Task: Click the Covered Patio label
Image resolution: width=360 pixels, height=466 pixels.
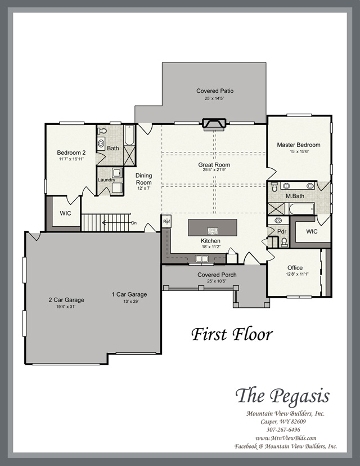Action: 215,91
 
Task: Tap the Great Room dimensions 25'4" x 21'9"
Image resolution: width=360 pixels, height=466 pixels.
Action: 214,170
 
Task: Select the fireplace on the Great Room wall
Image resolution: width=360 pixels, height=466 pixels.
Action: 214,124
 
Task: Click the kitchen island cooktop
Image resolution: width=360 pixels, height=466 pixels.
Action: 213,231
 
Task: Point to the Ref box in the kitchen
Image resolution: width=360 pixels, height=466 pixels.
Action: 166,221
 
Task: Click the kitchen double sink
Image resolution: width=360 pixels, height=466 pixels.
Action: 202,258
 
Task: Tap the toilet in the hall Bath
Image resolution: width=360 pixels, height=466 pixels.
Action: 102,131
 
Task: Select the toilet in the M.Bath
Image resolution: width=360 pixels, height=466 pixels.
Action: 274,187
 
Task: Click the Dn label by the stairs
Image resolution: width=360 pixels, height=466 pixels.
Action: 134,223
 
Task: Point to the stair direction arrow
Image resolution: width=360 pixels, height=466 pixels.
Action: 116,223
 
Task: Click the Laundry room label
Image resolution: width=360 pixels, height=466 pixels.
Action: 106,180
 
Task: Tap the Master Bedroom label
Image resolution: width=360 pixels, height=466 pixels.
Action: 299,145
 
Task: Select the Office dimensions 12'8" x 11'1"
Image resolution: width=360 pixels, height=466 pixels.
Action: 297,274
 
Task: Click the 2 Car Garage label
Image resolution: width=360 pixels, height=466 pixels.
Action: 66,300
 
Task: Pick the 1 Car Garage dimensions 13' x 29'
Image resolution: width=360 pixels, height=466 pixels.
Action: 131,301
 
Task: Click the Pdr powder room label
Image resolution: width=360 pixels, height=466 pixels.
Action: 282,231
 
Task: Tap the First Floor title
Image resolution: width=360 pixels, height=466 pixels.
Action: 232,334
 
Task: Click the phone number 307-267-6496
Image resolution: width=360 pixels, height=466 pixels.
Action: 283,430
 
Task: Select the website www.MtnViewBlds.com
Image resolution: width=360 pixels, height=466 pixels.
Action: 285,438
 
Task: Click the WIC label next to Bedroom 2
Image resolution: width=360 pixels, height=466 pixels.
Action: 65,213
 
